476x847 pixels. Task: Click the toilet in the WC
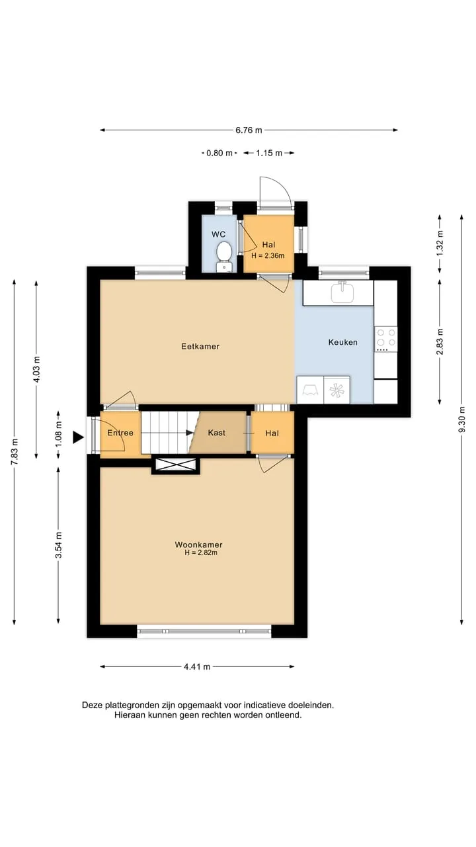(x=224, y=257)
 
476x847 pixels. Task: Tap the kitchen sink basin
(x=342, y=292)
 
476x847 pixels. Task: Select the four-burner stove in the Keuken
(x=385, y=339)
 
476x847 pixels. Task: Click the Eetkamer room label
(x=200, y=346)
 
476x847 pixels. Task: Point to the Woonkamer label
(x=199, y=545)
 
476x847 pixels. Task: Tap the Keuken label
(x=342, y=342)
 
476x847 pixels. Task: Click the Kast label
(x=216, y=433)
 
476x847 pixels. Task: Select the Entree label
(x=120, y=433)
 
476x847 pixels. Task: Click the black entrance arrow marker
(x=78, y=437)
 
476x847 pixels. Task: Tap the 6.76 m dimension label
(x=249, y=130)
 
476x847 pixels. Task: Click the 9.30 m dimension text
(x=461, y=419)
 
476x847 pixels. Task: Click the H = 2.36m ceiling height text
(x=268, y=255)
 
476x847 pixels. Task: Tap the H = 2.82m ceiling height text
(x=201, y=553)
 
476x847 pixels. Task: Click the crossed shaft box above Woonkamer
(x=176, y=465)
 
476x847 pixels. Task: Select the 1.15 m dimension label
(x=269, y=153)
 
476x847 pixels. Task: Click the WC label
(x=218, y=234)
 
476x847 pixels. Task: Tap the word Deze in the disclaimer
(x=93, y=705)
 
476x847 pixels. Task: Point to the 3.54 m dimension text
(x=58, y=545)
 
